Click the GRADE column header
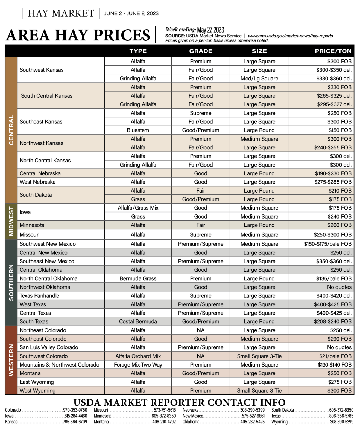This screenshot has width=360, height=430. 201,51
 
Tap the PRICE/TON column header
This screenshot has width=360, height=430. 333,51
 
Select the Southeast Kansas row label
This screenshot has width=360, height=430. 41,122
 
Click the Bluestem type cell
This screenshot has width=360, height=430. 138,130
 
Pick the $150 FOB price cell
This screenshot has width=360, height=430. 340,130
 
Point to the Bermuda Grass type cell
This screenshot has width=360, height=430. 138,278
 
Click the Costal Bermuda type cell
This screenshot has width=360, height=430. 138,321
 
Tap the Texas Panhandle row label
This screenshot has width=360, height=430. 39,296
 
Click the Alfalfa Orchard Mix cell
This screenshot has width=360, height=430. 138,356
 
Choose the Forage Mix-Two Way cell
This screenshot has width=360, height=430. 138,365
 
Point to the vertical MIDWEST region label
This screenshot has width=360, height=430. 11,221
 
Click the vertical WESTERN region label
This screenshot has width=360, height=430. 11,360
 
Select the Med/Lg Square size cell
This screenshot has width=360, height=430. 259,79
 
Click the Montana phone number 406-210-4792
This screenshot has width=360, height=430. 164,422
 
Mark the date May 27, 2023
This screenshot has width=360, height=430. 210,30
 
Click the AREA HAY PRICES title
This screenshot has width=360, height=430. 78,35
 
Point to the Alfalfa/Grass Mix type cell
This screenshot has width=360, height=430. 138,208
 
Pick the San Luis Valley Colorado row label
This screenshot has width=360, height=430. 49,347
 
